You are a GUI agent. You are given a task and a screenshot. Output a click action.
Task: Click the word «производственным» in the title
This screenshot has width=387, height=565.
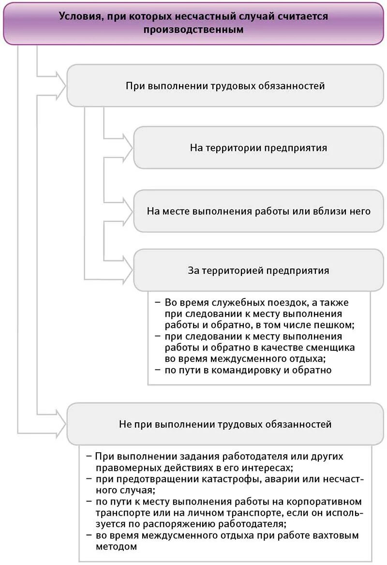(193, 30)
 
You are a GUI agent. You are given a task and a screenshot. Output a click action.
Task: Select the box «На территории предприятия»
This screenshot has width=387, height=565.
(258, 148)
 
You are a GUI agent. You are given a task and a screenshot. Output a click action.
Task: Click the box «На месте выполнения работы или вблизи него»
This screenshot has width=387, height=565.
(258, 211)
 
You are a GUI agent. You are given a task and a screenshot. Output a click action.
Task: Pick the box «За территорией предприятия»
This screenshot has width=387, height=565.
(258, 270)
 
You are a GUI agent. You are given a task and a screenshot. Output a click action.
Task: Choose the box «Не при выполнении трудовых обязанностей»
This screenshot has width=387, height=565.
(225, 424)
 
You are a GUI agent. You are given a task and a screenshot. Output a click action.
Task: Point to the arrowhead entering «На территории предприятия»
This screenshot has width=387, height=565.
(127, 148)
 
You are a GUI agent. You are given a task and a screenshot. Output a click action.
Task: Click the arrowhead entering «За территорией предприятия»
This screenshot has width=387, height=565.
(127, 270)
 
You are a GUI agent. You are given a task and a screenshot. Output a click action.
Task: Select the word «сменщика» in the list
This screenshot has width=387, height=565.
(332, 348)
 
